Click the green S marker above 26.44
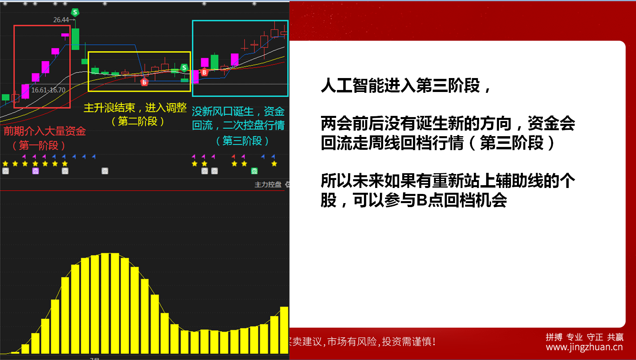coord(75,12)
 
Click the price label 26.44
coord(61,20)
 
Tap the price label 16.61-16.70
coord(48,90)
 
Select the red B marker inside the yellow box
coord(144,82)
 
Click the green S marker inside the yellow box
coord(184,68)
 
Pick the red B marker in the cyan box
coord(204,72)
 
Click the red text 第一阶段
coord(39,146)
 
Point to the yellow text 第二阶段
coord(138,121)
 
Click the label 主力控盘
coord(268,184)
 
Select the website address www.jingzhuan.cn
coord(584,347)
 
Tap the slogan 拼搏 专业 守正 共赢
coord(585,337)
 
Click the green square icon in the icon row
coord(254,171)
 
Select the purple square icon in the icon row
coord(35,171)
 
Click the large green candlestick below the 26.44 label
coord(76,39)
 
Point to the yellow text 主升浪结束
coord(109,108)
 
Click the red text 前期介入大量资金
coord(45,131)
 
